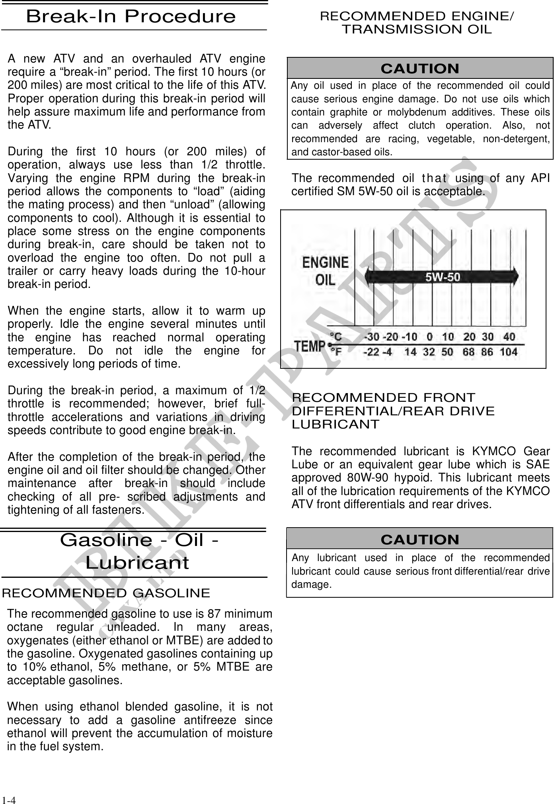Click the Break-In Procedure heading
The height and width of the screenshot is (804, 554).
pyautogui.click(x=131, y=17)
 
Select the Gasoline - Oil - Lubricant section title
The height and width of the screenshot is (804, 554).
pyautogui.click(x=138, y=552)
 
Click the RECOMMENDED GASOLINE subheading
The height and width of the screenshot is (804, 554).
pyautogui.click(x=106, y=593)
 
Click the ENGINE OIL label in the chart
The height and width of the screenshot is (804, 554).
pyautogui.click(x=325, y=271)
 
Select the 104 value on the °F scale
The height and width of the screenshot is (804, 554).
pyautogui.click(x=509, y=352)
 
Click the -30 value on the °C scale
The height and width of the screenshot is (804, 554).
pyautogui.click(x=372, y=337)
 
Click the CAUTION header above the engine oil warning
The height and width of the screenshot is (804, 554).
pyautogui.click(x=420, y=69)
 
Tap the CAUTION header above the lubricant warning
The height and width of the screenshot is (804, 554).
pyautogui.click(x=420, y=540)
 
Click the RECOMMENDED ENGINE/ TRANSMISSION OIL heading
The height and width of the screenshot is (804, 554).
pyautogui.click(x=417, y=23)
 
